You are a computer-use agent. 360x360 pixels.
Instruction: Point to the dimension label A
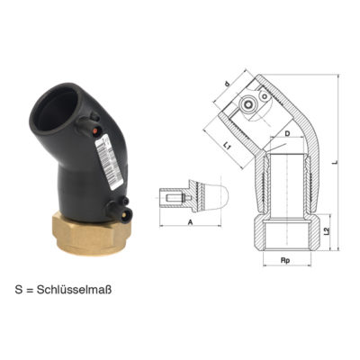190,220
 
